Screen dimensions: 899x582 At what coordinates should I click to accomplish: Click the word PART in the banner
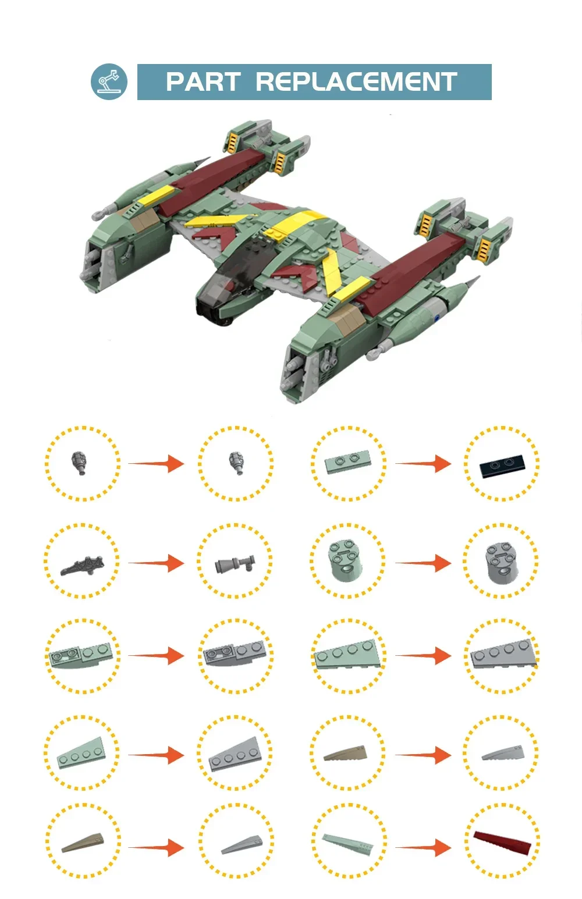[203, 82]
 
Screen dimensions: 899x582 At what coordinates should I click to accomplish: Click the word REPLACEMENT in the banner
[356, 82]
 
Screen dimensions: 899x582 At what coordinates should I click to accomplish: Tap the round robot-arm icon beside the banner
[109, 81]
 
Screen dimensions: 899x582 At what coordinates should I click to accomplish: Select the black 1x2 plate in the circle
[502, 466]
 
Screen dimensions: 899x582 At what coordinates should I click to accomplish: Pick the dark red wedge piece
[502, 842]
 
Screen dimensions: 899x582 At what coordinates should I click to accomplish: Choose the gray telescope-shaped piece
[235, 564]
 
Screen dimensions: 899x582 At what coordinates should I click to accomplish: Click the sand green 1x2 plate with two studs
[347, 463]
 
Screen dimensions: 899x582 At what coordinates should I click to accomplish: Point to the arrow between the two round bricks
[423, 563]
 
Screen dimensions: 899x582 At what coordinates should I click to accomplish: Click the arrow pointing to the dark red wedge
[423, 848]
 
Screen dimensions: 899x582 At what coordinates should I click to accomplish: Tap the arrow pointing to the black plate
[423, 464]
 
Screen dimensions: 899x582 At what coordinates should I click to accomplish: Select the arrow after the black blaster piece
[156, 563]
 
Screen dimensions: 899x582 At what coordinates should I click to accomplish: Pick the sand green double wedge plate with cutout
[81, 656]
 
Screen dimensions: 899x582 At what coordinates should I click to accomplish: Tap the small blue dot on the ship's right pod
[436, 318]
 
